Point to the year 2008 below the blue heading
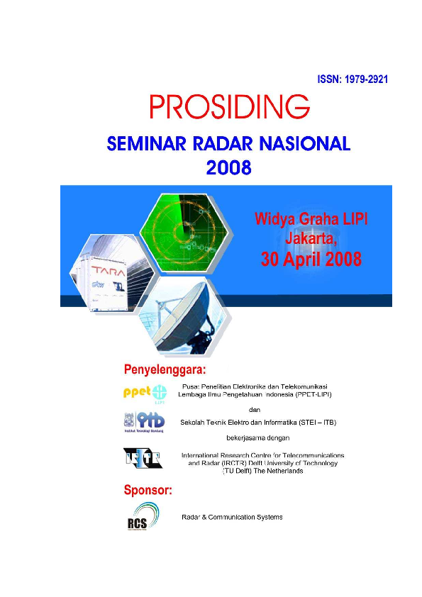tap(228, 168)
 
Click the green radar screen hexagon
tap(184, 227)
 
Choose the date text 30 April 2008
tap(311, 260)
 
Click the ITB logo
tap(145, 423)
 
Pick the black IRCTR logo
tap(143, 458)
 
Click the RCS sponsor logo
tap(138, 515)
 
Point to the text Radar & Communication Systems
tap(232, 517)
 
